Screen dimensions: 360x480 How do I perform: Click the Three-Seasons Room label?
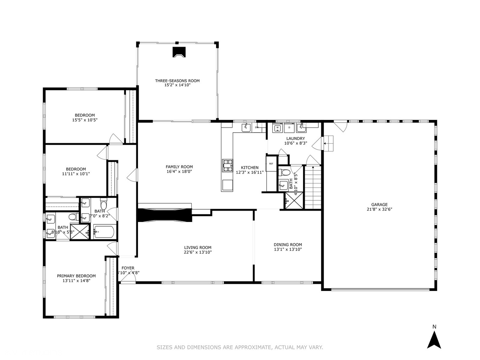[177, 81]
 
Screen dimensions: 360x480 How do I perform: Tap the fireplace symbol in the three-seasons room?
[179, 52]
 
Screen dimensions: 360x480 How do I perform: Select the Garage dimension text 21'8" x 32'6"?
[379, 210]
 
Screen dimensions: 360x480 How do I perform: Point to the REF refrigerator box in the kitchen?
[271, 164]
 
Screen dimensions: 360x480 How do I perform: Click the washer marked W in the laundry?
[277, 127]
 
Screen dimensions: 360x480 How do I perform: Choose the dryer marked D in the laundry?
[289, 127]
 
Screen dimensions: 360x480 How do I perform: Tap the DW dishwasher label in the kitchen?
[257, 127]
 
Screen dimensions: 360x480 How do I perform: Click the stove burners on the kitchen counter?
[228, 165]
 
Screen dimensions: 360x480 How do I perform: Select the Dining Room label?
[288, 245]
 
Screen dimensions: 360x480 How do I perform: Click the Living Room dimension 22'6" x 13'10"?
[198, 252]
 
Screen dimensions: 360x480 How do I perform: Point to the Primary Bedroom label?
[76, 276]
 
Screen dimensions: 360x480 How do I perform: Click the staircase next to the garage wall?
[313, 187]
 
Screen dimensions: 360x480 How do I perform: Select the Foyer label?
[128, 268]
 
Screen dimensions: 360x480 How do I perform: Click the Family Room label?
[179, 167]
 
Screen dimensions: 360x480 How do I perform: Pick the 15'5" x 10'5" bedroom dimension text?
[85, 120]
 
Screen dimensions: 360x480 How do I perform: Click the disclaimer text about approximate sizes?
[240, 347]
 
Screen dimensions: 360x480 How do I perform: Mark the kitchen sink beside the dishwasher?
[246, 127]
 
